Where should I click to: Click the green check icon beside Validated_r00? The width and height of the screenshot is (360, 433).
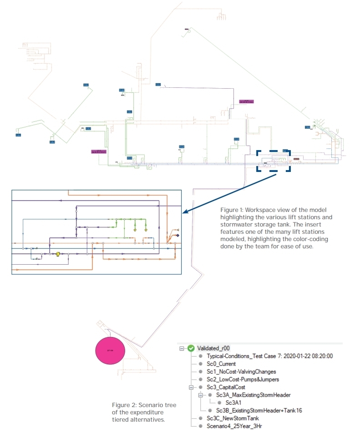tap(191, 348)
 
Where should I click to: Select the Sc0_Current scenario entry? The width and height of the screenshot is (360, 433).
tap(221, 363)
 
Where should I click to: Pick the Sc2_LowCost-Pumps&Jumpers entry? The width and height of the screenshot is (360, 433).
tap(243, 379)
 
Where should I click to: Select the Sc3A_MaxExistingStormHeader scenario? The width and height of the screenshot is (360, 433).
tap(253, 395)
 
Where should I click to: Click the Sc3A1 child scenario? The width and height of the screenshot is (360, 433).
tap(234, 403)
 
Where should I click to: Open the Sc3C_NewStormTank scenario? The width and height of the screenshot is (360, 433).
tap(233, 418)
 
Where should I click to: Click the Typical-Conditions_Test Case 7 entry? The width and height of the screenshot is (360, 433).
tap(269, 356)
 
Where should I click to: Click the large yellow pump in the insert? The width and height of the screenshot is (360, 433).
tap(58, 254)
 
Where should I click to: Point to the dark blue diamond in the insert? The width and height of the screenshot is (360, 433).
tap(177, 236)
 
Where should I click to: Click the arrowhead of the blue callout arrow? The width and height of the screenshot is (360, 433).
tap(184, 211)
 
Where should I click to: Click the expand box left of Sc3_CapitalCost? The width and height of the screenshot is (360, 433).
tap(191, 387)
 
